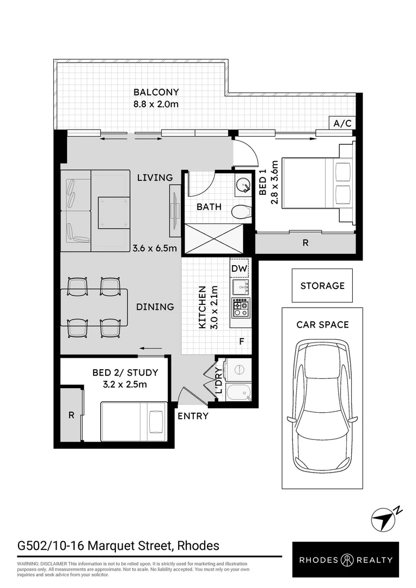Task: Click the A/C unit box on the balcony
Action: point(342,124)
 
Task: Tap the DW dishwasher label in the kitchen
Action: point(239,268)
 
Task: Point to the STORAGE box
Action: point(322,285)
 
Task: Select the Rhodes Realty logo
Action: point(345,560)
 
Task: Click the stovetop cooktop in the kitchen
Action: point(240,308)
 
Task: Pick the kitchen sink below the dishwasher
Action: point(240,287)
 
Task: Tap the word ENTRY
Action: point(193,416)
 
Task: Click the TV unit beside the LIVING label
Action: point(174,211)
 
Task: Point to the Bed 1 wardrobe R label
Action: point(305,243)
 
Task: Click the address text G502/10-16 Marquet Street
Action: point(119,545)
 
